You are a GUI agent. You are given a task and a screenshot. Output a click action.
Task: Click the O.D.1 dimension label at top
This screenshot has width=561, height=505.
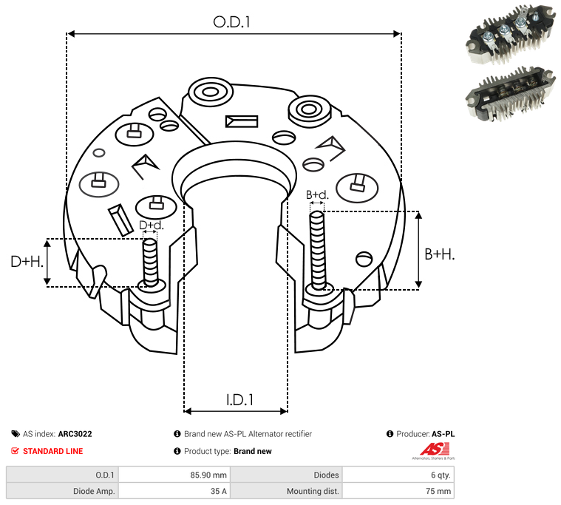click(231, 21)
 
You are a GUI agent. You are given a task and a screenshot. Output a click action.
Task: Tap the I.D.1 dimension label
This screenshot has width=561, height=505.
click(239, 399)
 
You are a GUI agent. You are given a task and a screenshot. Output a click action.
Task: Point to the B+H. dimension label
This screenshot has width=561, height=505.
click(440, 254)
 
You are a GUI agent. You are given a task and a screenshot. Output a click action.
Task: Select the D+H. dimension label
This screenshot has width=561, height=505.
click(27, 261)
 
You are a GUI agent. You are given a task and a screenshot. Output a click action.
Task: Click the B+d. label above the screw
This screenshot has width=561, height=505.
click(317, 195)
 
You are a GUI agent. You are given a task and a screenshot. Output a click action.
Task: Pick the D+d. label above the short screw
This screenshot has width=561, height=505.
click(151, 225)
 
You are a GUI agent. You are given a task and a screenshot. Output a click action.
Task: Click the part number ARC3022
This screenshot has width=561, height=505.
click(75, 434)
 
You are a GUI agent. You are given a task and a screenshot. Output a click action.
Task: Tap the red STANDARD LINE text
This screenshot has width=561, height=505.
click(52, 451)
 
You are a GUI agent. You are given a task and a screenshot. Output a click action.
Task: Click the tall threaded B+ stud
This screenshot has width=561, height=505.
click(318, 250)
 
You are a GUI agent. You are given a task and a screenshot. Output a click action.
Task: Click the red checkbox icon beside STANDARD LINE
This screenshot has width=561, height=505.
click(16, 451)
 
